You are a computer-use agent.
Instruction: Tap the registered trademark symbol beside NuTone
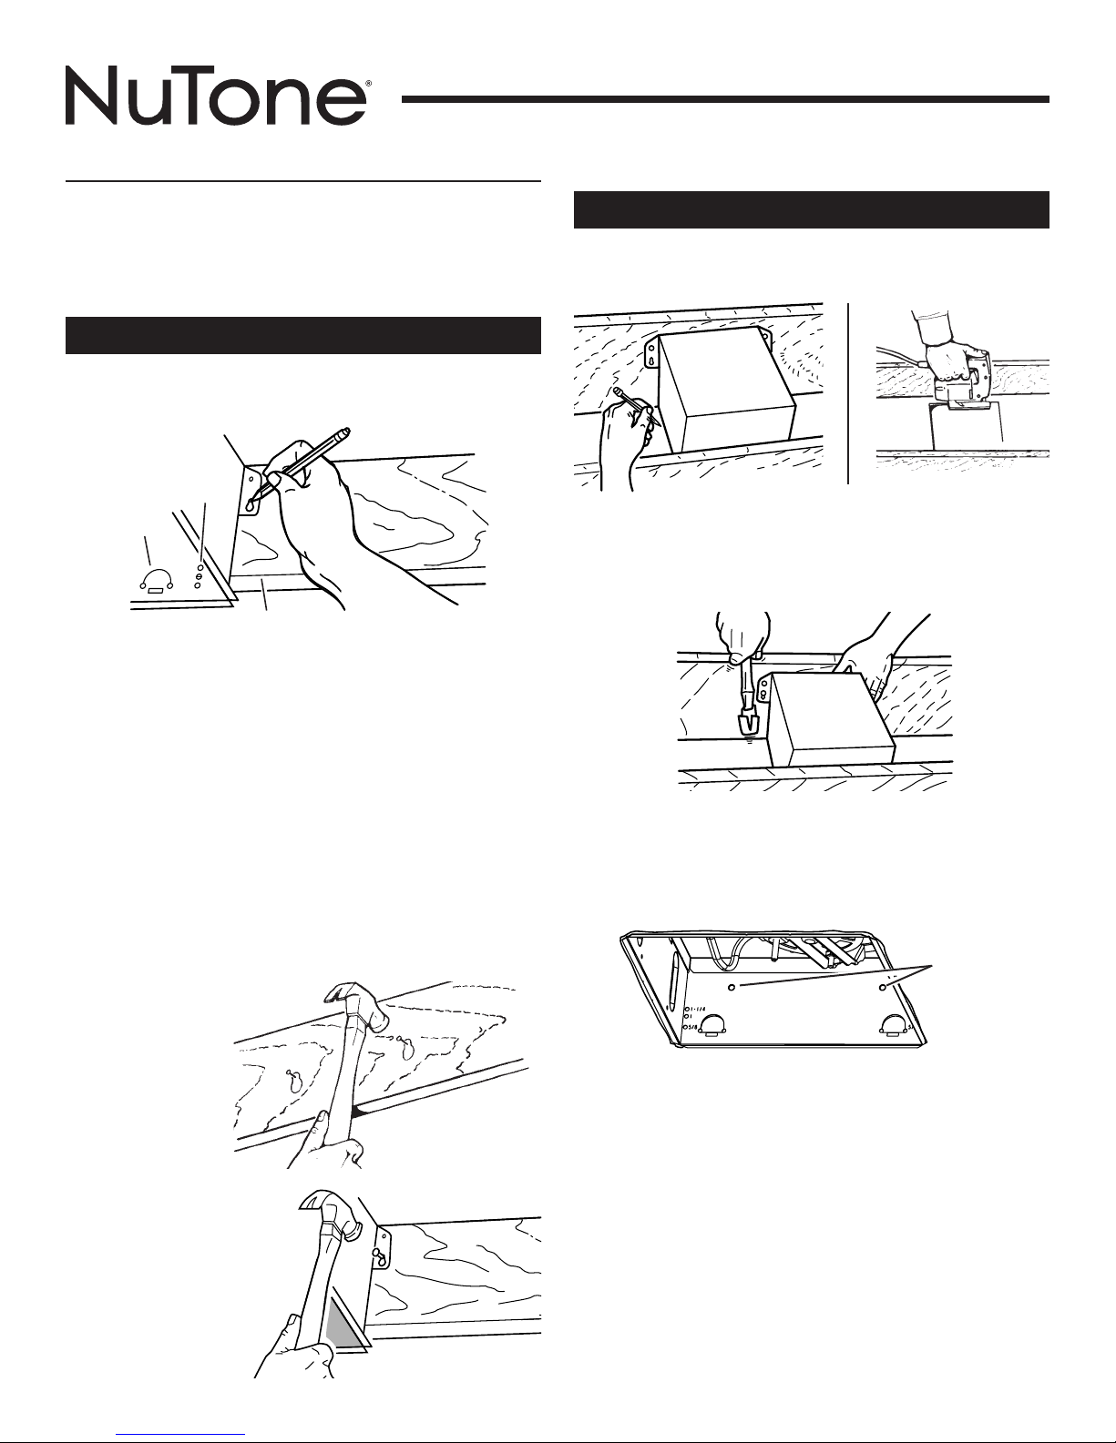368,85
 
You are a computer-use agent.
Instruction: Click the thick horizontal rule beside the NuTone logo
725,99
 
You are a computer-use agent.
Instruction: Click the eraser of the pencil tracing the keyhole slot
343,433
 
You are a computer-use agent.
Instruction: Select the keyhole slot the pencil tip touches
251,504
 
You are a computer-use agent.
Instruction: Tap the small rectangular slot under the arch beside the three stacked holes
156,590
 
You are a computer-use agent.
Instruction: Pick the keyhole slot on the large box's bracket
652,359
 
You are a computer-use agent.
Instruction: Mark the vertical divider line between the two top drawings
848,393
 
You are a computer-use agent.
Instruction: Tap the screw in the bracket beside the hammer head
377,1253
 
